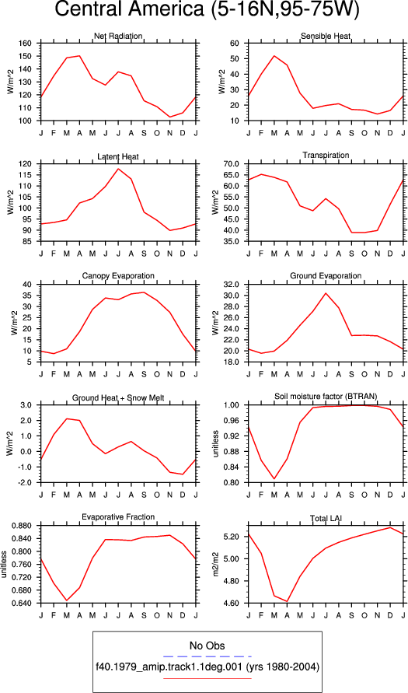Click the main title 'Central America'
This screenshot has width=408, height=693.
tap(129, 11)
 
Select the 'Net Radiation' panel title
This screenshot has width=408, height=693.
tap(118, 36)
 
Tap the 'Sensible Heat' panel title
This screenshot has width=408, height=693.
tap(326, 36)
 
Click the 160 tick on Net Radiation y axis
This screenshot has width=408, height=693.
tap(32, 44)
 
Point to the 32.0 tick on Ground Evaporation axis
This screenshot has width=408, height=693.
tap(239, 284)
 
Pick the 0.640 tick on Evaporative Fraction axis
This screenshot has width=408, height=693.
tap(28, 604)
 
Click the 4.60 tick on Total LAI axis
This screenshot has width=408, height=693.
tap(239, 604)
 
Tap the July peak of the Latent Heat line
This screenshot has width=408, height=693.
tap(118, 168)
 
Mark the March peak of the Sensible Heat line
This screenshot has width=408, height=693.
tap(274, 56)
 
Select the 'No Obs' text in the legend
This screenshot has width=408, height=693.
tap(207, 646)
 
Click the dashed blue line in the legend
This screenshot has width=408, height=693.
tap(207, 656)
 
